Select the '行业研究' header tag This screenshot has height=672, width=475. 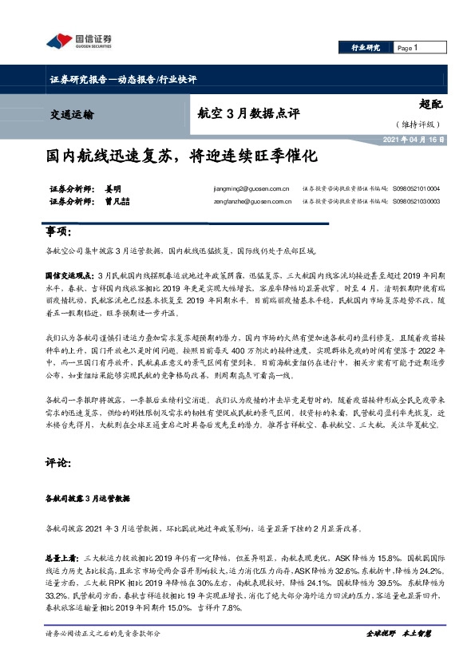[x=366, y=48]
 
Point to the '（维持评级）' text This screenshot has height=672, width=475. [x=416, y=125]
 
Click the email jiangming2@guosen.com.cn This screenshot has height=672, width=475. [x=247, y=190]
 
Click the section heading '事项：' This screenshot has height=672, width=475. [x=58, y=231]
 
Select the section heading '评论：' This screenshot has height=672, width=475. [x=58, y=461]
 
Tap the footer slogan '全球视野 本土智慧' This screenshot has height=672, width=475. [x=398, y=632]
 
